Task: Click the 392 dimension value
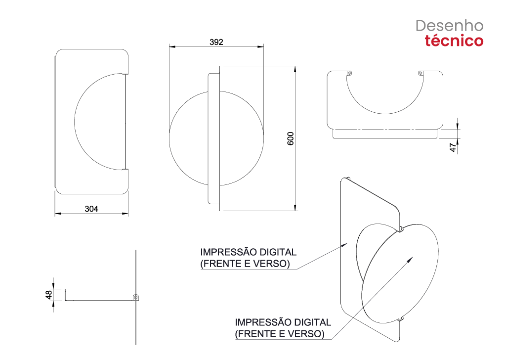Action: click(x=216, y=42)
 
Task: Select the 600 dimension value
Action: click(x=291, y=138)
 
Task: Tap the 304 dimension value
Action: click(x=91, y=209)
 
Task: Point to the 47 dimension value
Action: click(x=453, y=147)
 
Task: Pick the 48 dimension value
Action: click(x=48, y=295)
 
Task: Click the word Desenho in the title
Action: click(x=450, y=26)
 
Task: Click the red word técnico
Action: click(x=454, y=41)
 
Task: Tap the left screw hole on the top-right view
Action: click(x=349, y=73)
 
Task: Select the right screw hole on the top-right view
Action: click(x=421, y=73)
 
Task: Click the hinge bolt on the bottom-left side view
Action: click(x=136, y=297)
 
